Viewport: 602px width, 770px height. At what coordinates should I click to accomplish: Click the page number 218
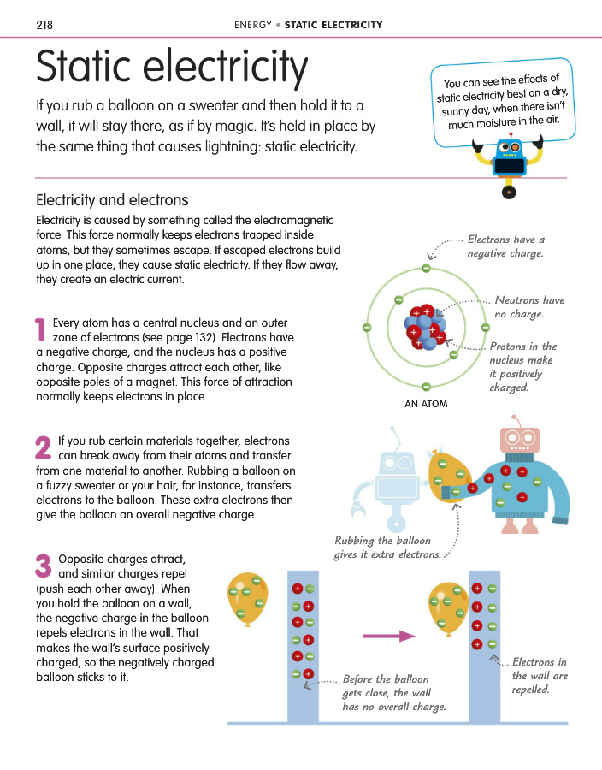(44, 24)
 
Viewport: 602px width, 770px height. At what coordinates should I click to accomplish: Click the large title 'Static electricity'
(171, 68)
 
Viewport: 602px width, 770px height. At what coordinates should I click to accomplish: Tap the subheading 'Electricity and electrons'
(111, 201)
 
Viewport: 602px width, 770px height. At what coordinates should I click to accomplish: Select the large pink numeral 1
(40, 329)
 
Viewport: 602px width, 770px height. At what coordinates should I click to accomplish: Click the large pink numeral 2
(44, 448)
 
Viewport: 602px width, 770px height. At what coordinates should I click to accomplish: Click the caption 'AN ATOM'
(426, 404)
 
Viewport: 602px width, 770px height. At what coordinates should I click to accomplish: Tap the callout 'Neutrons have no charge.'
(529, 307)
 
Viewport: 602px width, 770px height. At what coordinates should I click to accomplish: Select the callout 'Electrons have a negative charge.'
(505, 246)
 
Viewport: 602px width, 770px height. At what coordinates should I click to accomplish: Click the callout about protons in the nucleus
(522, 367)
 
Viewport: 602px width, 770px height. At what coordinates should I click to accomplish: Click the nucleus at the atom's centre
(425, 328)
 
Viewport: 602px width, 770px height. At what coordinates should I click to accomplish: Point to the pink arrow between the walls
(387, 636)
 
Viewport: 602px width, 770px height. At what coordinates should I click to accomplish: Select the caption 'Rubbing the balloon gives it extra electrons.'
(387, 548)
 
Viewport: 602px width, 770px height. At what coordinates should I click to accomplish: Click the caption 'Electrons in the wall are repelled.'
(539, 676)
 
